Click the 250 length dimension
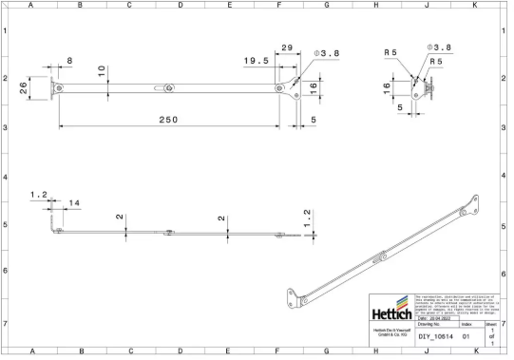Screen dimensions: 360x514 click(x=167, y=119)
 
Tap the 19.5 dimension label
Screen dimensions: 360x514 click(x=256, y=60)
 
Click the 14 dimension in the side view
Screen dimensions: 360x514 click(x=73, y=202)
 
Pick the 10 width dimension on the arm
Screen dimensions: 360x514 click(x=101, y=69)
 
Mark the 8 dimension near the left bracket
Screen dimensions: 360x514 click(x=69, y=62)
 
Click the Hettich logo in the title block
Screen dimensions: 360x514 click(x=390, y=312)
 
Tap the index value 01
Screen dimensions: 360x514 click(x=466, y=336)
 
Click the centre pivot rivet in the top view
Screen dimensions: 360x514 click(x=169, y=88)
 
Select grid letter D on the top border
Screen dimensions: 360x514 click(x=181, y=6)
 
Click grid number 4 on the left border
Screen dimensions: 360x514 click(x=6, y=178)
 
